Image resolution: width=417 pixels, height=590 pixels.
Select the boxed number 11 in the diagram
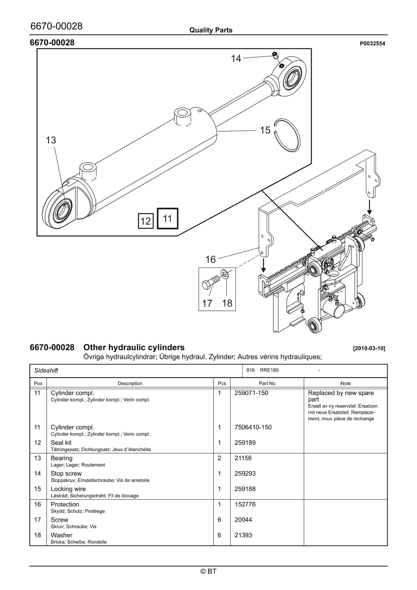(x=167, y=218)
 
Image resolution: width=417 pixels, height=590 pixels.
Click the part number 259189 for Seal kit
(x=245, y=443)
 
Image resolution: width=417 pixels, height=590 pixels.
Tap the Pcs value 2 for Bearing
(x=219, y=458)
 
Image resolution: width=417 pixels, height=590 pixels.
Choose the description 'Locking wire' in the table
(x=68, y=489)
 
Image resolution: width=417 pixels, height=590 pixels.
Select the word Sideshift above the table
(x=46, y=371)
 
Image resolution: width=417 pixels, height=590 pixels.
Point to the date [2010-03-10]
(x=369, y=348)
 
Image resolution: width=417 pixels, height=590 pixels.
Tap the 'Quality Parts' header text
(x=211, y=30)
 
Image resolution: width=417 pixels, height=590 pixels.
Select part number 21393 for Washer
(x=243, y=535)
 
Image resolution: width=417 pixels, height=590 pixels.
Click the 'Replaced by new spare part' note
(x=341, y=396)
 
